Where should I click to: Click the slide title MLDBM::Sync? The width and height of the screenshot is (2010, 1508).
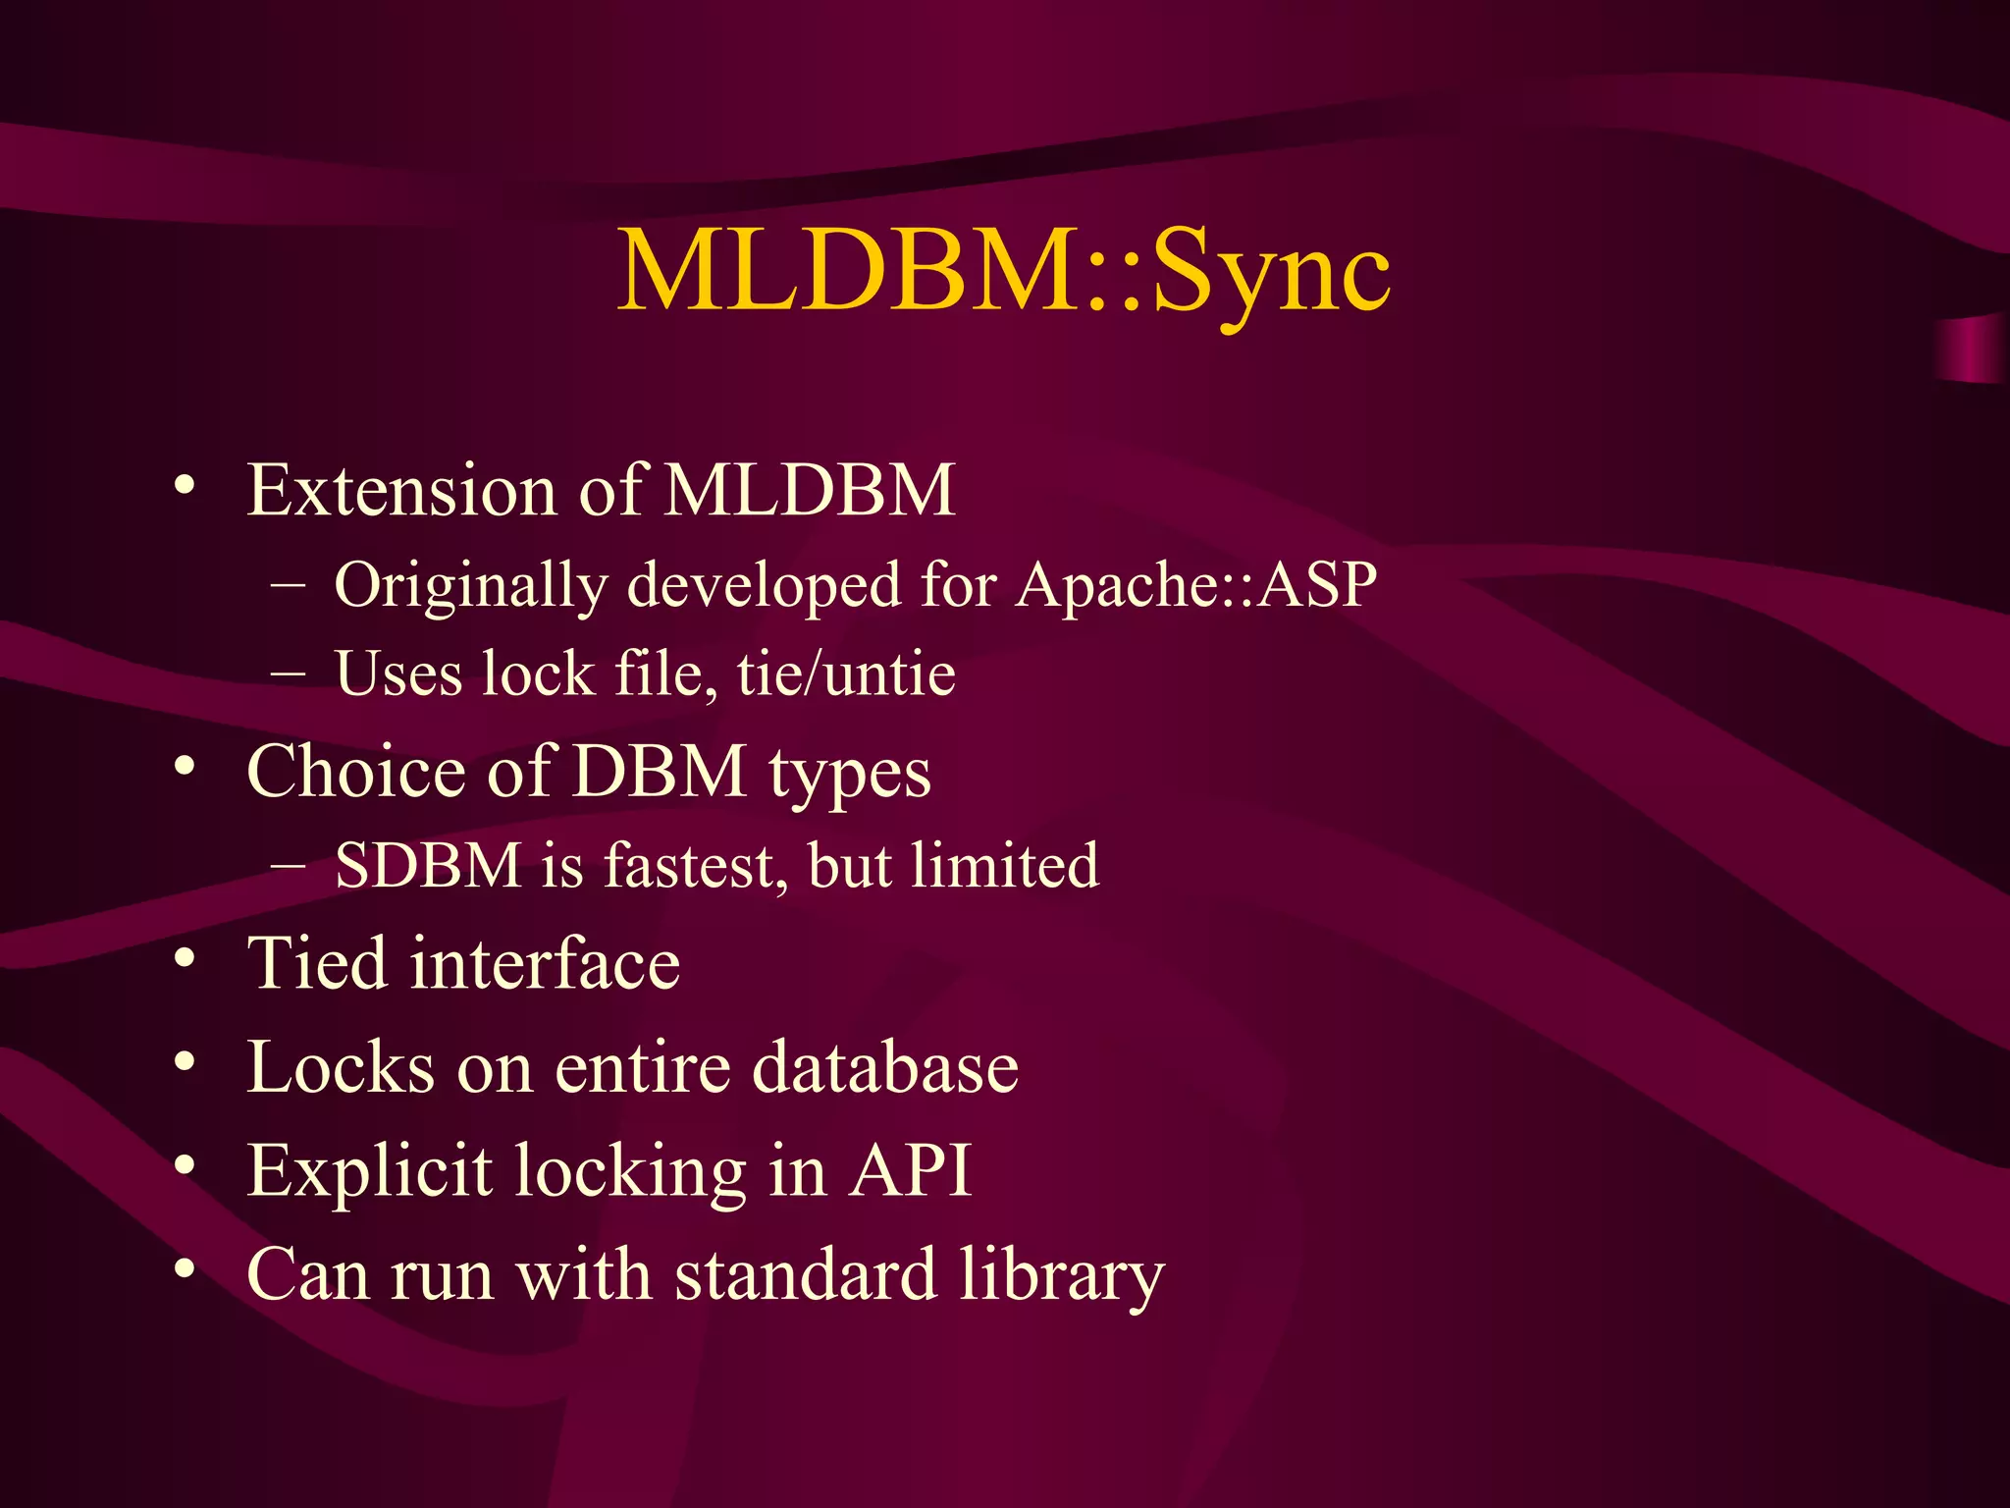pyautogui.click(x=1003, y=270)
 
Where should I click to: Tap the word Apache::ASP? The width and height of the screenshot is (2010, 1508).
pyautogui.click(x=1195, y=585)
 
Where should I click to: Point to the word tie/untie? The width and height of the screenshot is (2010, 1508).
pyautogui.click(x=846, y=674)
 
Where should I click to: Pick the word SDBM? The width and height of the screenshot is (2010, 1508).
pyautogui.click(x=428, y=866)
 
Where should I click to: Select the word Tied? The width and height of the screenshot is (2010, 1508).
pyautogui.click(x=316, y=963)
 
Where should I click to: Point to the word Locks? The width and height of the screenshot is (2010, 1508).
pyautogui.click(x=340, y=1067)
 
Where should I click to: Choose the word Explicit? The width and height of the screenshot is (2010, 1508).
pyautogui.click(x=369, y=1171)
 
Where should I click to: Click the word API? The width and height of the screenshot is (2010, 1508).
pyautogui.click(x=909, y=1171)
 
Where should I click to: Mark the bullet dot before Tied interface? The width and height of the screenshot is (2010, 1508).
pyautogui.click(x=184, y=960)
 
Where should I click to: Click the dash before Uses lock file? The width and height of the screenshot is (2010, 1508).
pyautogui.click(x=287, y=674)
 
